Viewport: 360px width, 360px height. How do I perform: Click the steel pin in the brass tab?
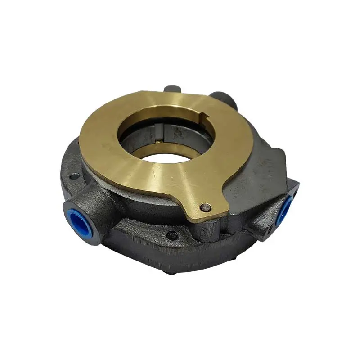tap(206, 207)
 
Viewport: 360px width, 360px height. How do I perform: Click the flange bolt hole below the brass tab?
tap(171, 234)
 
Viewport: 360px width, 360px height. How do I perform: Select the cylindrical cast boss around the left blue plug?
tap(92, 211)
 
